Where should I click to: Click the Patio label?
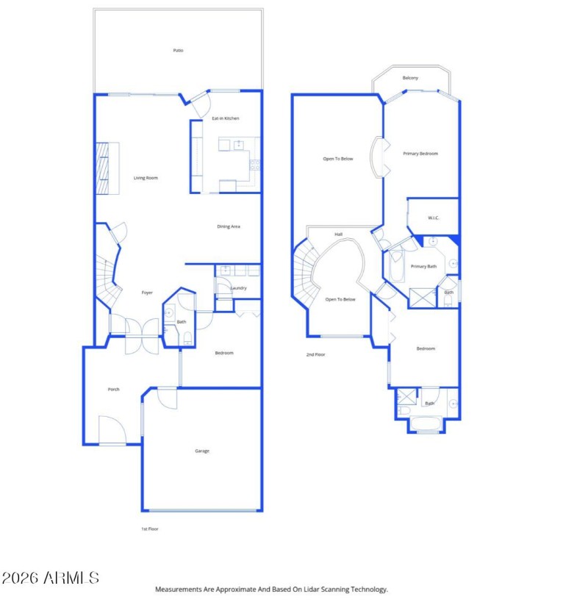coord(178,51)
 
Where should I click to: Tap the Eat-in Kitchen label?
coord(226,118)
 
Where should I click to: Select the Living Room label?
coord(146,178)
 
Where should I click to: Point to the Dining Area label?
coord(229,226)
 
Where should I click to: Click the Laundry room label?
coord(238,288)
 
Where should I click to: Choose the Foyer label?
coord(147,293)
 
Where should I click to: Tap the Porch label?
coord(113,390)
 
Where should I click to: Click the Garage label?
coord(202,451)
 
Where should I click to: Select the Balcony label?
coord(410,78)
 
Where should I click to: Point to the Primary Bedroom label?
coord(420,154)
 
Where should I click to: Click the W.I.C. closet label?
coord(434,218)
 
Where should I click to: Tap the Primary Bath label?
coord(423,266)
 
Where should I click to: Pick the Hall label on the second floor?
coord(339,235)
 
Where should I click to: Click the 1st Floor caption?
coord(150,529)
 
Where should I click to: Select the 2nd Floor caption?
coord(315,354)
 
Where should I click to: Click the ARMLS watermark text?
coord(51,577)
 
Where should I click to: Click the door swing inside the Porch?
coord(110,431)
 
